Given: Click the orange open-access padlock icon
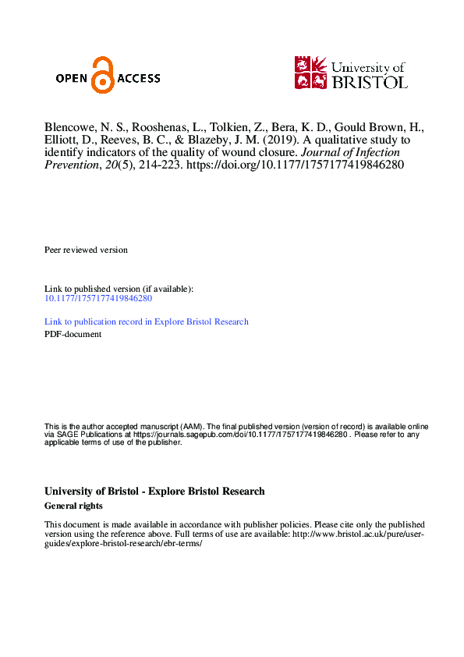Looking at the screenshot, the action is pyautogui.click(x=102, y=75).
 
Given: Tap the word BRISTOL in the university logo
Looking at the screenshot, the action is pyautogui.click(x=370, y=81).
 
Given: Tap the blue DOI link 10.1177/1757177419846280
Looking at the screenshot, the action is pyautogui.click(x=97, y=298).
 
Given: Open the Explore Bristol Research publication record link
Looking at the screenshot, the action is pyautogui.click(x=147, y=321).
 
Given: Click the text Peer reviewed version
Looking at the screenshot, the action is pyautogui.click(x=86, y=250).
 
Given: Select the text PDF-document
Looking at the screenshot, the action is pyautogui.click(x=73, y=334).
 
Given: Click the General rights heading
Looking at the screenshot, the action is pyautogui.click(x=73, y=506).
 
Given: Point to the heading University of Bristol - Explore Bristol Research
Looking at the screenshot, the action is pyautogui.click(x=154, y=492).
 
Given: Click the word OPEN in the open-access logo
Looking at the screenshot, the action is pyautogui.click(x=73, y=78).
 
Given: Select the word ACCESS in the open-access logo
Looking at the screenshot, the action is pyautogui.click(x=138, y=78).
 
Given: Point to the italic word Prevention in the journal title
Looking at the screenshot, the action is pyautogui.click(x=71, y=167).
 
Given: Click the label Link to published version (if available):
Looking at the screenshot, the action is pyautogui.click(x=119, y=289).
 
